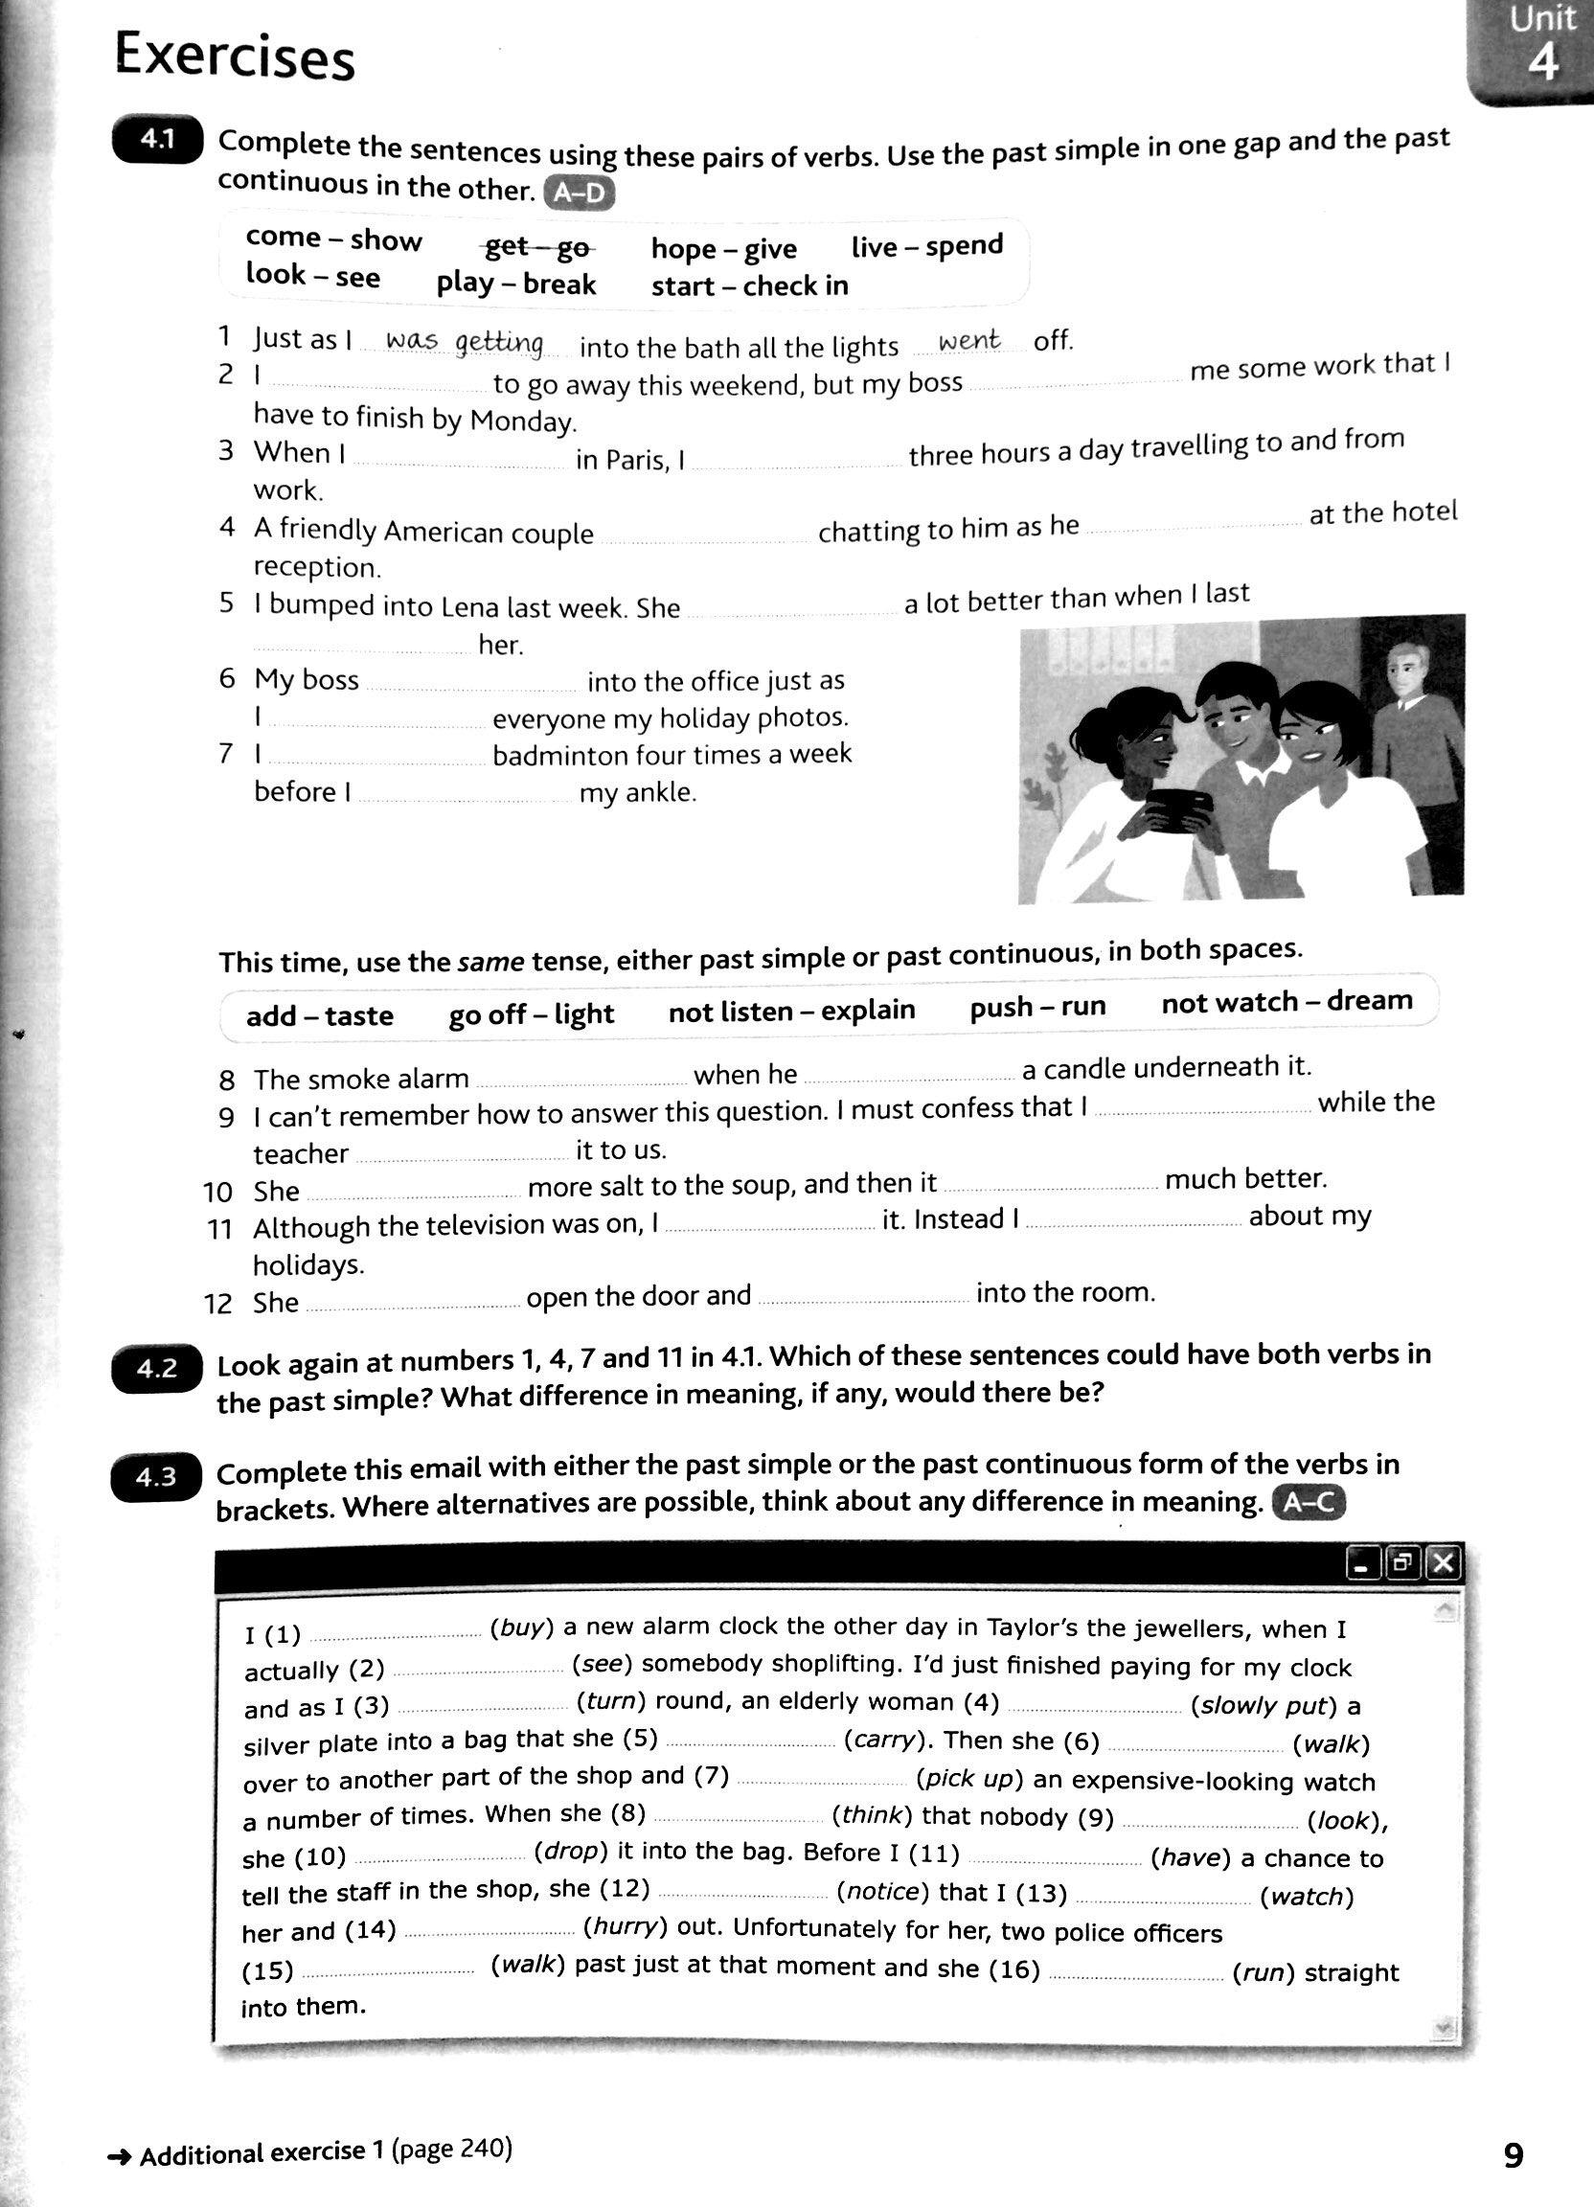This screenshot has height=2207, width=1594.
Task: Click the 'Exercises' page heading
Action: pyautogui.click(x=235, y=57)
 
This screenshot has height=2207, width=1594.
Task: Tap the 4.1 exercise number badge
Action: pyautogui.click(x=157, y=140)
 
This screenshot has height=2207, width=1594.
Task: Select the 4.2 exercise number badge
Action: pyautogui.click(x=157, y=1368)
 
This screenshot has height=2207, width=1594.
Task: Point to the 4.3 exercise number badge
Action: pyautogui.click(x=156, y=1477)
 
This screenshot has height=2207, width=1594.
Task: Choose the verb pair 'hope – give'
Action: pyautogui.click(x=723, y=248)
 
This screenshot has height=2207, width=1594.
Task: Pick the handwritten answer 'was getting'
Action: pyautogui.click(x=465, y=342)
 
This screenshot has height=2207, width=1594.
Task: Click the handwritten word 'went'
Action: pyautogui.click(x=968, y=341)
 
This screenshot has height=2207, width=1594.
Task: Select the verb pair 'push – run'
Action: pyautogui.click(x=1037, y=1006)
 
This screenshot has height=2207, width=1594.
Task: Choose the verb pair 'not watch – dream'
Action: pyautogui.click(x=1287, y=1001)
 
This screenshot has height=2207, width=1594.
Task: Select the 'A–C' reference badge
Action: pyautogui.click(x=1308, y=1504)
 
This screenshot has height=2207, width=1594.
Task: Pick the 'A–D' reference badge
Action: pyautogui.click(x=579, y=193)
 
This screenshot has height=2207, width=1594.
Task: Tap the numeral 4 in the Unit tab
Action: pyautogui.click(x=1542, y=63)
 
